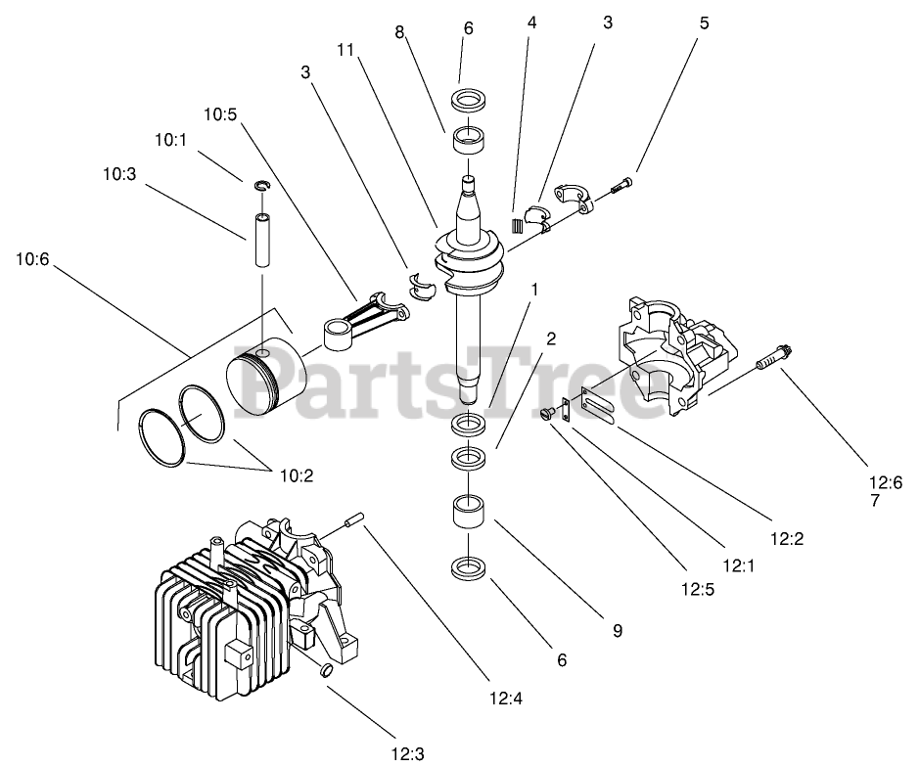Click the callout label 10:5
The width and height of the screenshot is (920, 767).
[220, 114]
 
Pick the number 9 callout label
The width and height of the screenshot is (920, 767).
[619, 631]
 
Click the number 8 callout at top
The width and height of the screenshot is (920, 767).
[399, 32]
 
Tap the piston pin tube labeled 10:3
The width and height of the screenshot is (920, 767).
[263, 239]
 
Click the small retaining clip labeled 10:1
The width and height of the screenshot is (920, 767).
[262, 186]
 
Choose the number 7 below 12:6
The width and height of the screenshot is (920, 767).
[874, 500]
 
